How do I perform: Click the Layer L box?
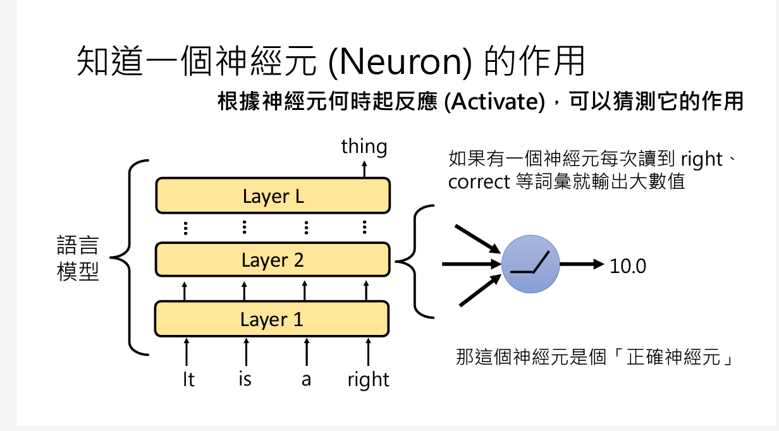tap(273, 197)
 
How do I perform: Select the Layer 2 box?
tap(273, 260)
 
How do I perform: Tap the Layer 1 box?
tap(273, 319)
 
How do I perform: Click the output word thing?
tap(364, 147)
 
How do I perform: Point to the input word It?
tap(188, 380)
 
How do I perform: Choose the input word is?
tap(245, 380)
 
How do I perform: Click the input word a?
tap(306, 380)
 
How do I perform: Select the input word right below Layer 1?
tap(368, 380)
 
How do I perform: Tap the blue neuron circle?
tap(531, 264)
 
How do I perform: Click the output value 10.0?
tap(628, 267)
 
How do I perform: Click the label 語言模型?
tap(78, 259)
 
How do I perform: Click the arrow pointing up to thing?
tap(364, 169)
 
